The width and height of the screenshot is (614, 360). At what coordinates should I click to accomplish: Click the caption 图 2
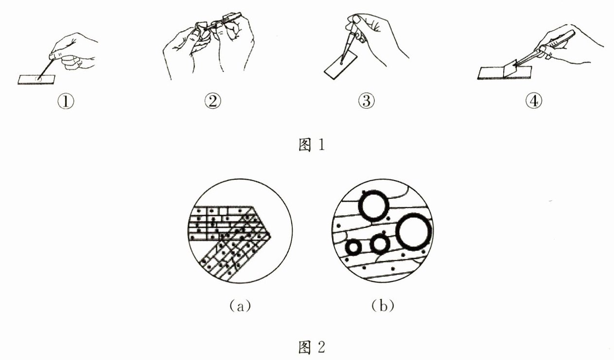[x=310, y=347]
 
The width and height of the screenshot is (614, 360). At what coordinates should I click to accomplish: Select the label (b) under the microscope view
[x=382, y=306]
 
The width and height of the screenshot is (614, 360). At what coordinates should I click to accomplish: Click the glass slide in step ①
[x=37, y=79]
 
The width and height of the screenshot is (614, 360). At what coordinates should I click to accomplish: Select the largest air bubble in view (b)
[x=414, y=232]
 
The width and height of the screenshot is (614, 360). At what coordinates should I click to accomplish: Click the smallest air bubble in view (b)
[x=353, y=247]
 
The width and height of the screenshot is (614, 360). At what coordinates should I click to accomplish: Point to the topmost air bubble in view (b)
[x=373, y=206]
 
